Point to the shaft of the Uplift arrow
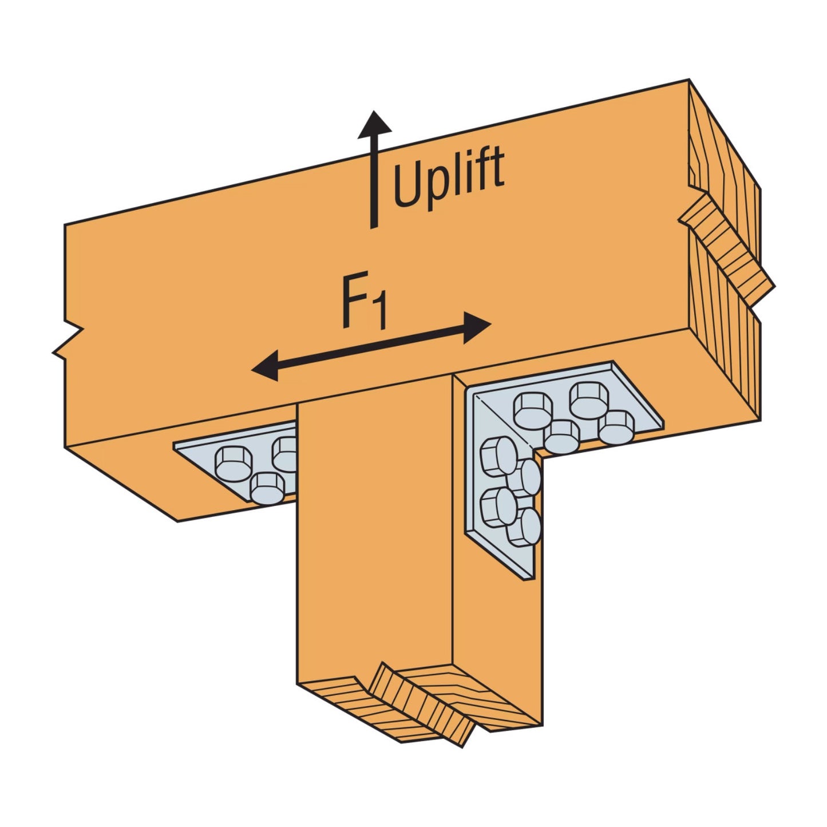click(374, 183)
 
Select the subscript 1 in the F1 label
click(379, 317)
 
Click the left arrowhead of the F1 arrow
click(264, 366)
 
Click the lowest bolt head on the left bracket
click(267, 487)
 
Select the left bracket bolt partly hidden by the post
click(286, 452)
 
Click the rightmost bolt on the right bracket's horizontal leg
click(617, 426)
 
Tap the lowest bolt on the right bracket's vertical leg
click(524, 527)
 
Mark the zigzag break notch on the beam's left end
click(68, 342)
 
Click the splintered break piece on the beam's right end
click(727, 246)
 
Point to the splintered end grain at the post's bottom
click(421, 707)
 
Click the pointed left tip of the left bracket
click(177, 444)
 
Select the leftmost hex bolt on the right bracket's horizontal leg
click(532, 410)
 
